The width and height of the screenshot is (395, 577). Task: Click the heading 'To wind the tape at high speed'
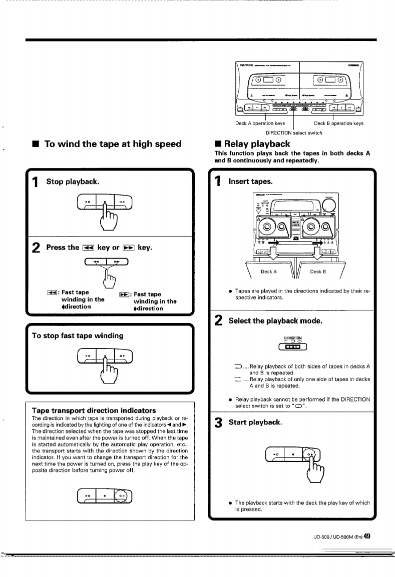[113, 144]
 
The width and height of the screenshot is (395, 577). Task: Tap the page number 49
[367, 536]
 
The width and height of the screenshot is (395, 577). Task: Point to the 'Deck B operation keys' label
[338, 123]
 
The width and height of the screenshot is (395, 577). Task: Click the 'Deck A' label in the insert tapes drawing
[268, 272]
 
